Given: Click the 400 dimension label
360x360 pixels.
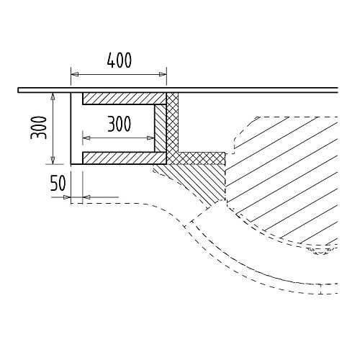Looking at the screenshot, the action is (120, 60).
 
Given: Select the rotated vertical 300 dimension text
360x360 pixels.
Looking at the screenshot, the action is (38, 127).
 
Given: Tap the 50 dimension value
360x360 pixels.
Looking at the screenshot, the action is (58, 184).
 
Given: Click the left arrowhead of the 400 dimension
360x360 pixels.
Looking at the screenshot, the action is (74, 75).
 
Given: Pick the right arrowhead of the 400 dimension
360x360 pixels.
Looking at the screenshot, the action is (163, 75).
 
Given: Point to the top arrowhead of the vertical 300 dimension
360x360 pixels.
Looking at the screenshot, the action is (53, 96).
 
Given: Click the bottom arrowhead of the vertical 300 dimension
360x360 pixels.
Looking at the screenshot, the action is (53, 161).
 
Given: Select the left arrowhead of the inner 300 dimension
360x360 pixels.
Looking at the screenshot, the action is (86, 138).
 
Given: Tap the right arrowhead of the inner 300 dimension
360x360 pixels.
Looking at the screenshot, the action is (150, 138).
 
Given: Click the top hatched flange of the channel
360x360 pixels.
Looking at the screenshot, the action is (125, 99).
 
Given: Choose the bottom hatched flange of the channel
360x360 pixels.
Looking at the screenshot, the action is (125, 158).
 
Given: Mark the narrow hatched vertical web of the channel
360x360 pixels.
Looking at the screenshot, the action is (160, 128).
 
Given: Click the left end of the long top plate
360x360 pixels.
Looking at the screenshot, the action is (18, 90).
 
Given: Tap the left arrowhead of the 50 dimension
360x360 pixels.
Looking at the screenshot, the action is (66, 197).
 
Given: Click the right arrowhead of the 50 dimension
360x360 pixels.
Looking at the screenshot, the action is (86, 197).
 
